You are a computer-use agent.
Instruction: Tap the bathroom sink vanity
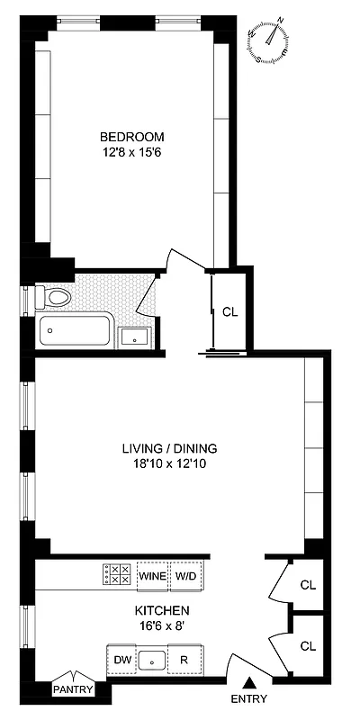[135, 337]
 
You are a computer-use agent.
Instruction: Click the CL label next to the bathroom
[229, 312]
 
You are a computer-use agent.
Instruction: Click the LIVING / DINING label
[170, 449]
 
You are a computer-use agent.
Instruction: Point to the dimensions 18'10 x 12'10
[170, 464]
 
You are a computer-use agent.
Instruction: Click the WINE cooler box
[152, 575]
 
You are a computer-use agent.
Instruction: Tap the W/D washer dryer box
[184, 575]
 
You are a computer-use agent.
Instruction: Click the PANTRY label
[72, 689]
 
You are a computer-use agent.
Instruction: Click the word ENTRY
[249, 699]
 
